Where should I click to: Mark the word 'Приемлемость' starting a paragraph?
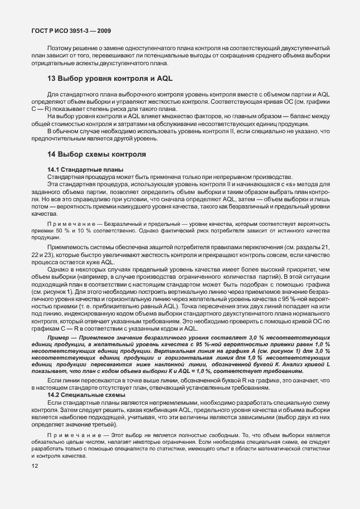click(x=68, y=246)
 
